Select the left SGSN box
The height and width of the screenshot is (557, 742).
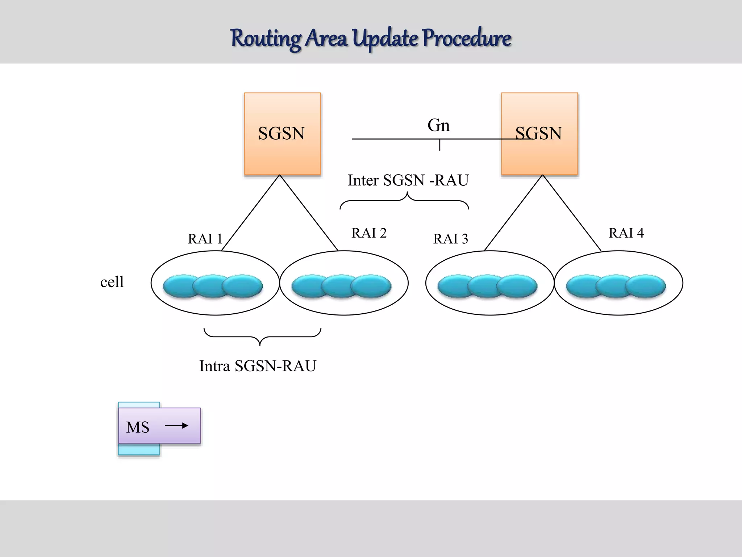coord(282,134)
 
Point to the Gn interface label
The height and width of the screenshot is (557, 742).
coord(438,125)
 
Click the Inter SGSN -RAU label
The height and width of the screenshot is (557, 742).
coord(408,180)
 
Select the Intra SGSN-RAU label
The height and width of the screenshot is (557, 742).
coord(258,366)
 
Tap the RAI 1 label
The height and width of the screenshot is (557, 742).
coord(205,239)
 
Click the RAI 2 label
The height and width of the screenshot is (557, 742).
coord(369,233)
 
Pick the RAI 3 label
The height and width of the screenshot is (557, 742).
coord(450,239)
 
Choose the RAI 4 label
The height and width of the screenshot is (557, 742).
coord(626,233)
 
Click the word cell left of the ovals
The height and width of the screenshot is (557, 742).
coord(112,282)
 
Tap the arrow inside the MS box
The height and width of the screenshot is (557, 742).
coord(177,425)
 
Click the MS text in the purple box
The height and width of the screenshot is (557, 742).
coord(138,427)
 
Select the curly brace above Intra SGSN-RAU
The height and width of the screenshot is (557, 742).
coord(262,337)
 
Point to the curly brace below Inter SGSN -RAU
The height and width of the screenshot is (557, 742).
coord(405,201)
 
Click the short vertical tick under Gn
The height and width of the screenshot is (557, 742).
coord(439,145)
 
